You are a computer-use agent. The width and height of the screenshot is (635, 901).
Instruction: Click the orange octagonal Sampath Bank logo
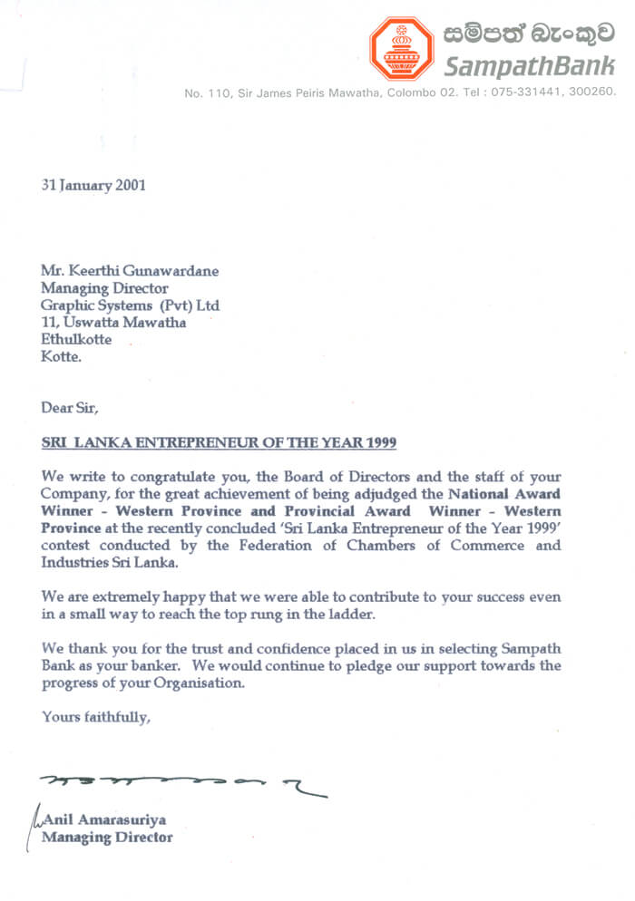pyautogui.click(x=401, y=48)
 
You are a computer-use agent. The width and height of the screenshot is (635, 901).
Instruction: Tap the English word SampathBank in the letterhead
pyautogui.click(x=530, y=65)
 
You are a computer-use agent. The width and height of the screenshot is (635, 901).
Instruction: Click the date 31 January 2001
pyautogui.click(x=93, y=185)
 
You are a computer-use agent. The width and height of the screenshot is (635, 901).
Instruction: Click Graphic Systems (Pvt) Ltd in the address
pyautogui.click(x=130, y=305)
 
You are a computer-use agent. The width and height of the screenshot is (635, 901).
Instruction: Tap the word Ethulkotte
pyautogui.click(x=76, y=339)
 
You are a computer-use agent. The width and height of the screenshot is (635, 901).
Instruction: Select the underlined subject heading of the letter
pyautogui.click(x=219, y=442)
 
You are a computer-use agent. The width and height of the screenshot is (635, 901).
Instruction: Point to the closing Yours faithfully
pyautogui.click(x=95, y=717)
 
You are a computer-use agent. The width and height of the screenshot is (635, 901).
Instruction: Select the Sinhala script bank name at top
pyautogui.click(x=530, y=34)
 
